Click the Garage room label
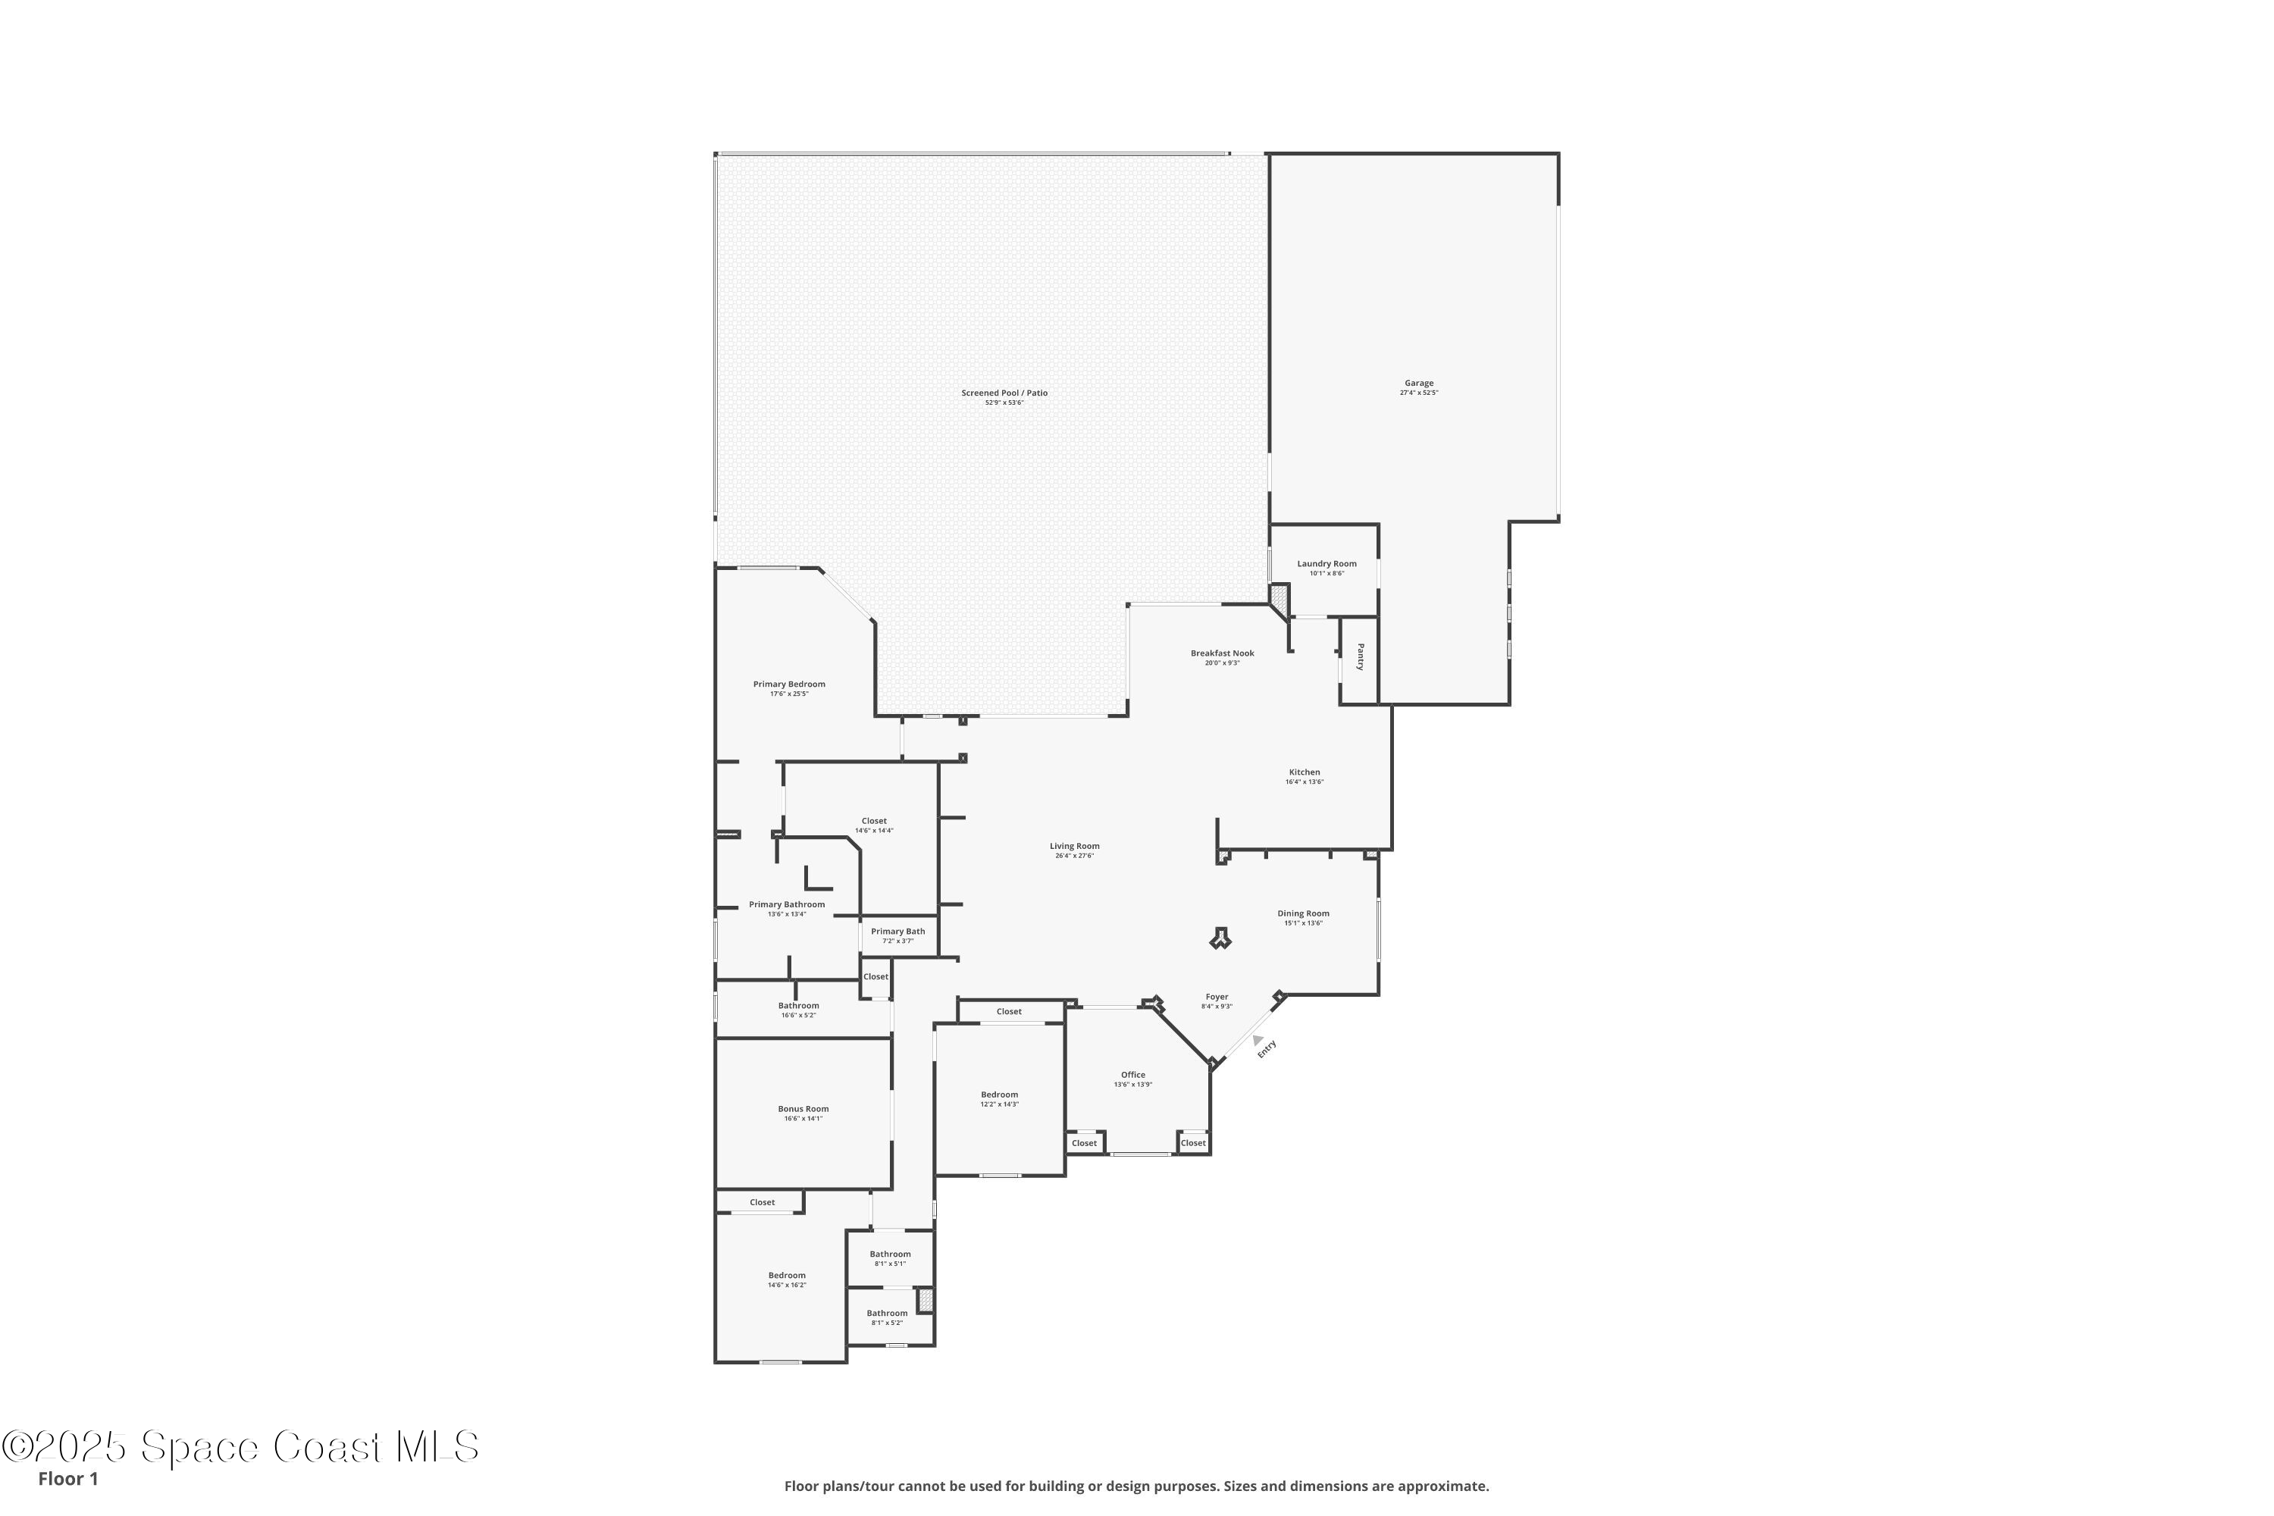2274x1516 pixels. [1418, 384]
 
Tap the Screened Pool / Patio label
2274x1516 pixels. [1004, 393]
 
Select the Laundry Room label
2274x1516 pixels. [1326, 564]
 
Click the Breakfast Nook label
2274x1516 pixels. [1222, 653]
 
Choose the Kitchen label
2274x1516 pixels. [1305, 772]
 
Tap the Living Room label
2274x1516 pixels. [1074, 847]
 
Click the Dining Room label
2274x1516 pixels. [1303, 913]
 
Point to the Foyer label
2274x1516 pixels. [1217, 997]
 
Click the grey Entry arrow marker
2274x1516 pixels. [1258, 1040]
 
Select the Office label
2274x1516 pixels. [1133, 1075]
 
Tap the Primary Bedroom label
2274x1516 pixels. [789, 684]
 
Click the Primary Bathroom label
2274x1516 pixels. [787, 905]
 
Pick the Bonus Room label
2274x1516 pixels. [803, 1109]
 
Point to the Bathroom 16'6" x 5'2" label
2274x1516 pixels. [799, 1006]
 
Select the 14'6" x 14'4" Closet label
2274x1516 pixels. [874, 822]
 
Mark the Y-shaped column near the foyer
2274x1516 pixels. [1221, 937]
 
